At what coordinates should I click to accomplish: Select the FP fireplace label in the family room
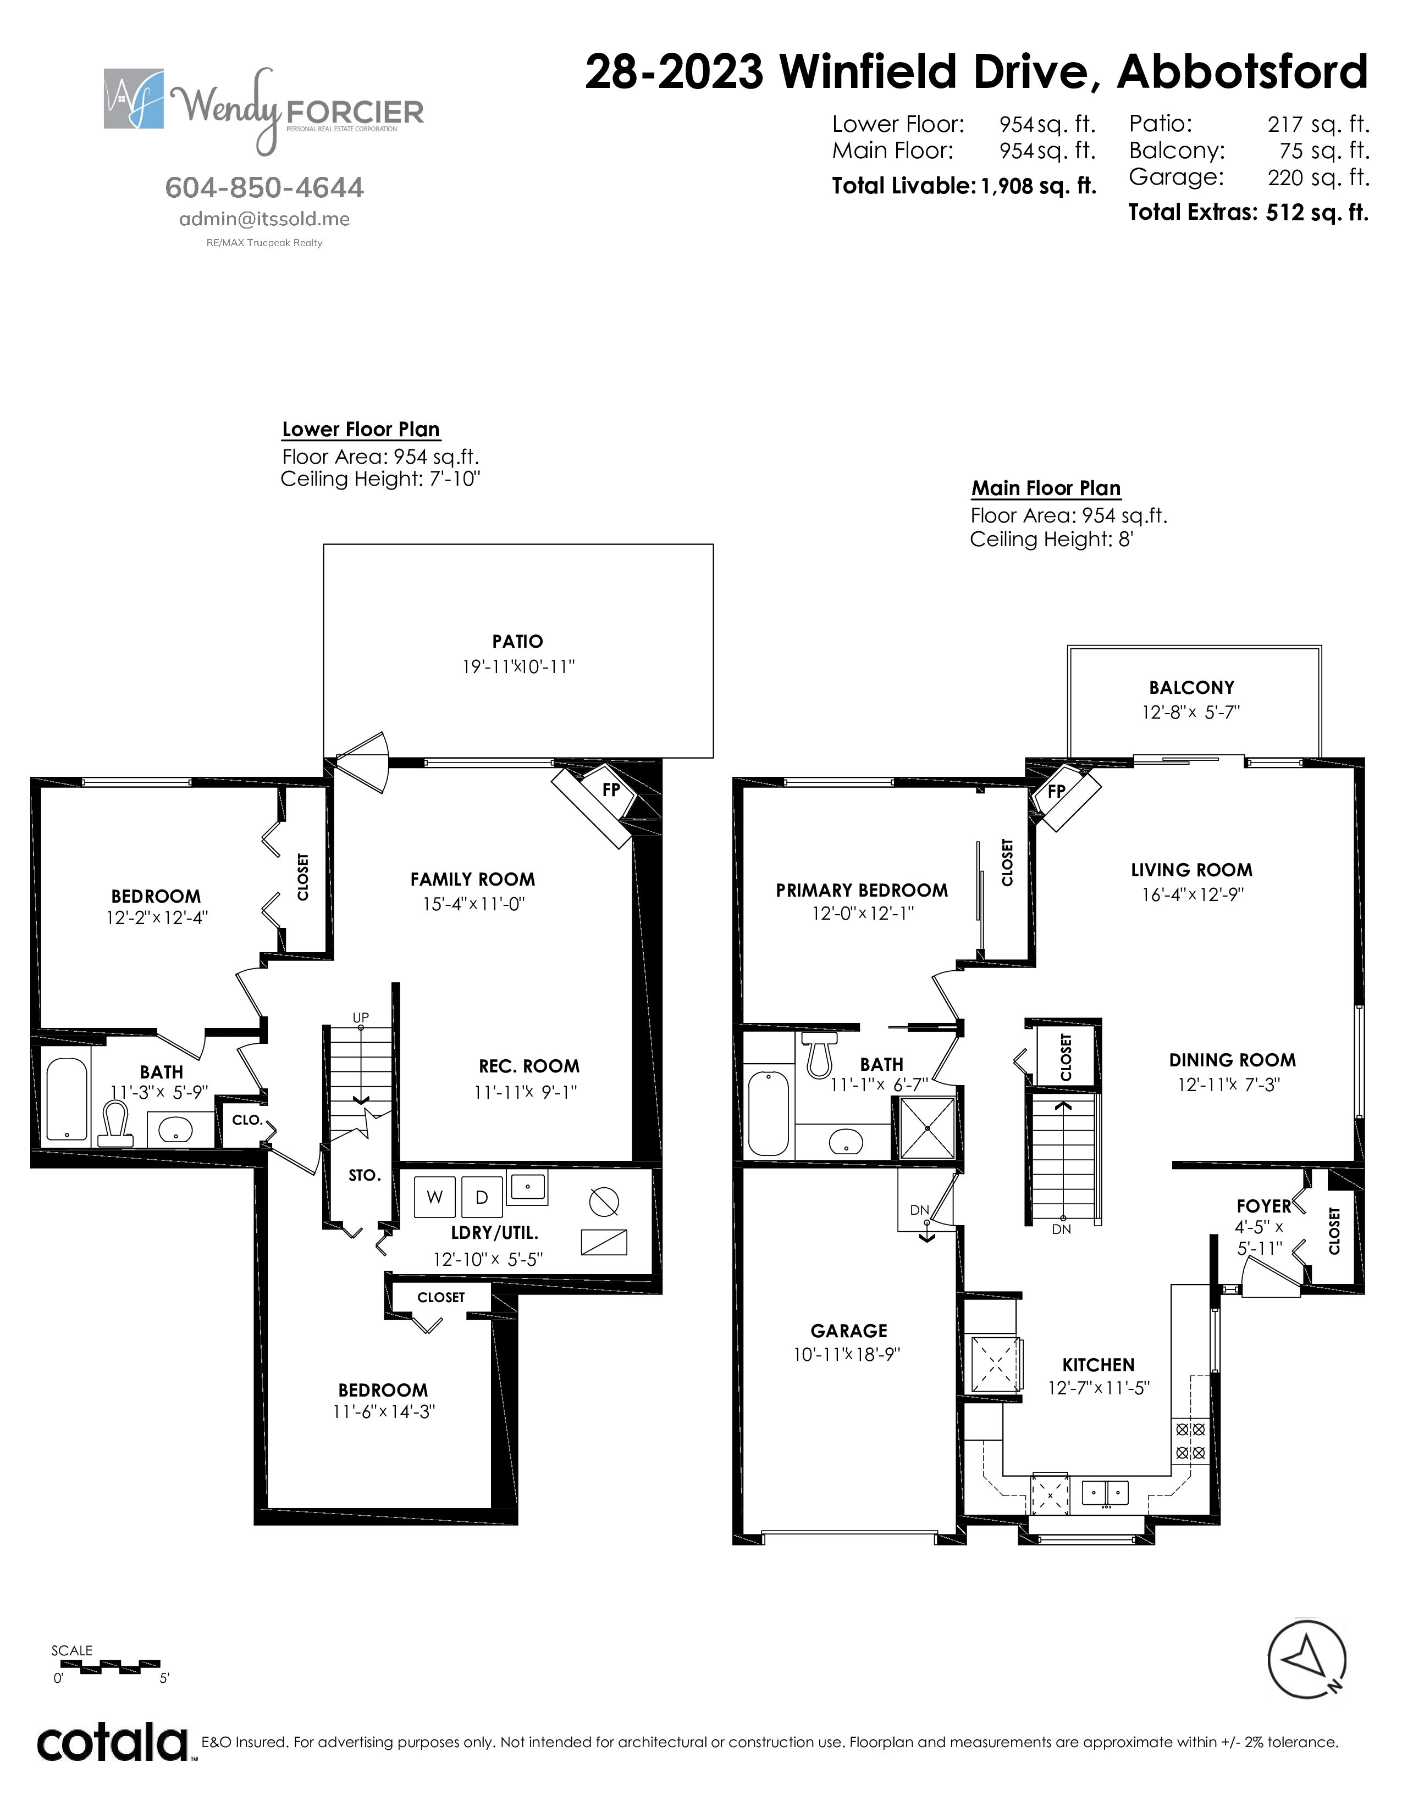(611, 789)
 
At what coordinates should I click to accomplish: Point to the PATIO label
(517, 641)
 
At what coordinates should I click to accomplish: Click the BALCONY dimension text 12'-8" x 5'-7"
(1191, 712)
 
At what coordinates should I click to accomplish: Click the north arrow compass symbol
(1306, 1660)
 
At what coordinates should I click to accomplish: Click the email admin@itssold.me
(264, 219)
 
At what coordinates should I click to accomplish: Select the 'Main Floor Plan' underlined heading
(1046, 488)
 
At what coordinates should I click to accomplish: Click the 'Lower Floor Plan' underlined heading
(361, 429)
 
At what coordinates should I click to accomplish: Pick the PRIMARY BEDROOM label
(862, 890)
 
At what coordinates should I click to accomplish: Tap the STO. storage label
(365, 1176)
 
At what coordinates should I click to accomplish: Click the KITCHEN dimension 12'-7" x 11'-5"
(1098, 1388)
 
